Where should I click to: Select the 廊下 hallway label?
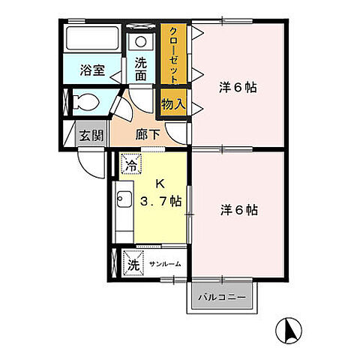[x=148, y=136]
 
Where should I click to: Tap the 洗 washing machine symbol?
[x=132, y=264]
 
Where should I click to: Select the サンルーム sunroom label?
[x=164, y=265]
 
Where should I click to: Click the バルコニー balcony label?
[x=221, y=298]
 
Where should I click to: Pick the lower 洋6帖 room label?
[x=239, y=211]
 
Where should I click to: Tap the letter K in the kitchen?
[x=159, y=183]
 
